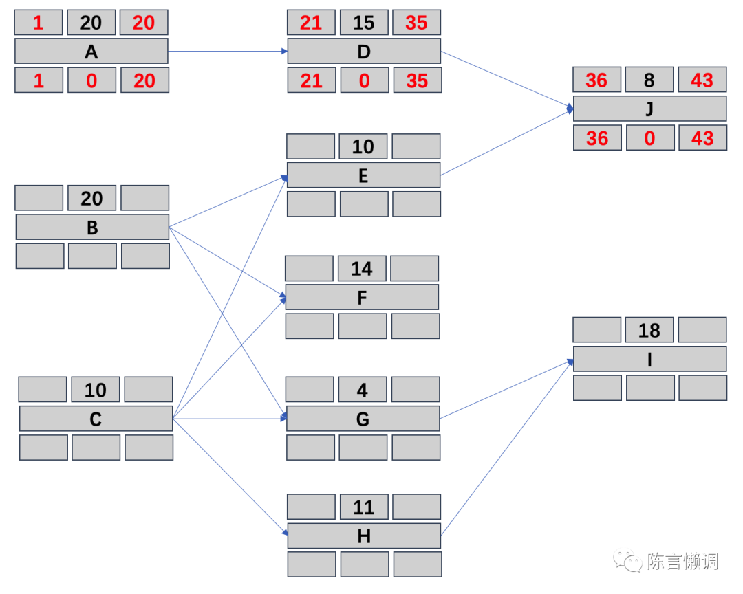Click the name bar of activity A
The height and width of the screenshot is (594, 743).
[91, 52]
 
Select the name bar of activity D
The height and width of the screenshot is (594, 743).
[364, 52]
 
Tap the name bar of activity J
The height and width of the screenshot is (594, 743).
[649, 109]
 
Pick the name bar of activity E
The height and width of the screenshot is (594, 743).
[363, 175]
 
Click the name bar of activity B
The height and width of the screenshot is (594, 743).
[91, 227]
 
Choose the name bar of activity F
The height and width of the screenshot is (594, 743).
[362, 297]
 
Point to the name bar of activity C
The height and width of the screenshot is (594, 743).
[96, 419]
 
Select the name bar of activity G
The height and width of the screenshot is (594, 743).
[363, 419]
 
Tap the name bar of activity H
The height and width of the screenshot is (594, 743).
[364, 536]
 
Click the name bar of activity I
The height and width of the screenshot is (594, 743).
[649, 359]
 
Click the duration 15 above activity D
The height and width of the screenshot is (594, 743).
[364, 23]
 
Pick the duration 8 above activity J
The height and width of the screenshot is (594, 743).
[649, 80]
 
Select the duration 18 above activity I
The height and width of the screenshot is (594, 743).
[649, 331]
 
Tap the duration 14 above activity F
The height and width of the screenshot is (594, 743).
[362, 269]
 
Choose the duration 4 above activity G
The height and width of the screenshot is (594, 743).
[363, 390]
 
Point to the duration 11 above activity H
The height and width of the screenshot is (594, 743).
[364, 507]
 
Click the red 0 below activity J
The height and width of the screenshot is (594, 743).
[649, 138]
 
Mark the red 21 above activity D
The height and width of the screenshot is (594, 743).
[311, 23]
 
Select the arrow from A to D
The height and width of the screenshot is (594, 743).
[227, 52]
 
